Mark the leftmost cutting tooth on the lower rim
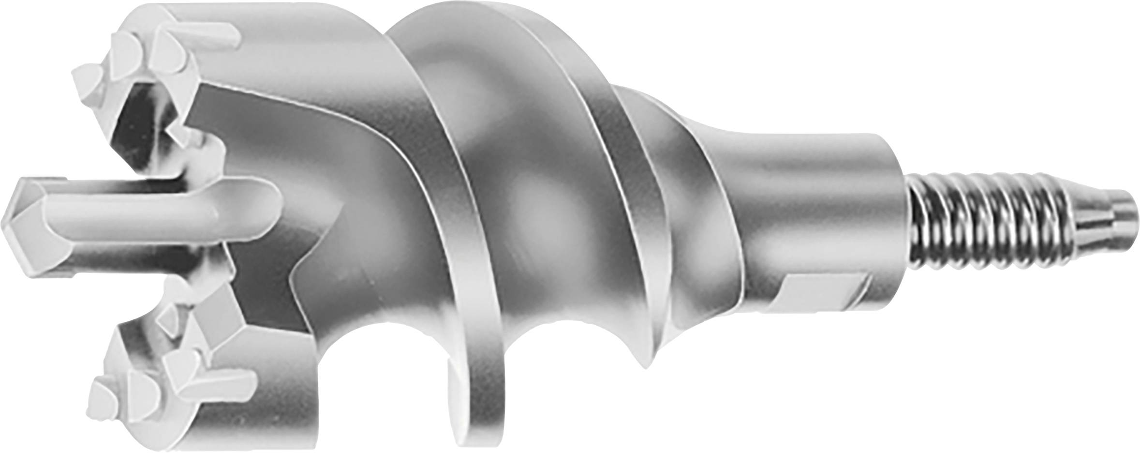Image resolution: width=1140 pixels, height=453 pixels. pyautogui.click(x=104, y=394)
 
